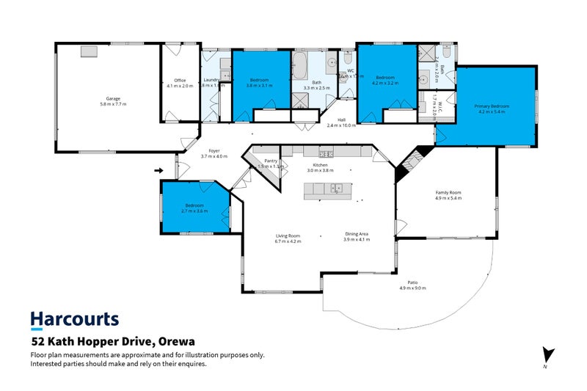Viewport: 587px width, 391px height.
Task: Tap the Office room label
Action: [180, 81]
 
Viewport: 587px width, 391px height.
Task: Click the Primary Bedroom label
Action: [492, 106]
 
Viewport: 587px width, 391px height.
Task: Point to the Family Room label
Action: [448, 192]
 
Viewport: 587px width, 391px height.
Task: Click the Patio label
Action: [413, 282]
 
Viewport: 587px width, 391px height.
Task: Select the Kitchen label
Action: [321, 165]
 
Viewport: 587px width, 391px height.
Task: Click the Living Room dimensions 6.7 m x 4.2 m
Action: [288, 241]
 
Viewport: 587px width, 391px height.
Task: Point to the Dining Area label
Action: [357, 234]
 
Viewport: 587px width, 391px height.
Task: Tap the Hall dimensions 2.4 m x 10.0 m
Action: [341, 125]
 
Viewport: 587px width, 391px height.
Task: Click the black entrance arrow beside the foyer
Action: [159, 171]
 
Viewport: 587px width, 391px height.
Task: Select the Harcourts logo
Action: [74, 319]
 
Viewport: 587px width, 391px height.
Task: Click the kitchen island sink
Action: [336, 188]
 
